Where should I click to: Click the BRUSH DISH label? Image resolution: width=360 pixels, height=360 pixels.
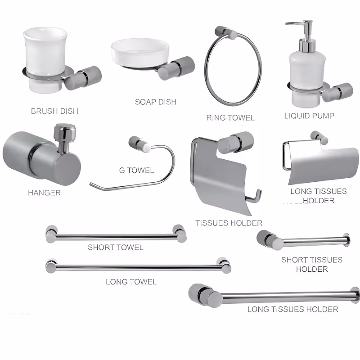coord(54,111)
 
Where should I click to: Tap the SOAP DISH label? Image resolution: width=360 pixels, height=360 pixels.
coord(156,102)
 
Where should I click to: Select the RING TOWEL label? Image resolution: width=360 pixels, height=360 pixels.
coord(230,118)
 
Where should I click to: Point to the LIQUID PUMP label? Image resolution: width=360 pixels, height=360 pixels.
coord(309,116)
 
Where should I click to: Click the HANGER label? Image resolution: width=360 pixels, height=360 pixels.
coord(44,193)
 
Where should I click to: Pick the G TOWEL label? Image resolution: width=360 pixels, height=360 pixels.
coord(137,171)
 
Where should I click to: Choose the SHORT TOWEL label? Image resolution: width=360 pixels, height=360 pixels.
coord(116,247)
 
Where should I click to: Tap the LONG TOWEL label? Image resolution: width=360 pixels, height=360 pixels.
coord(131,282)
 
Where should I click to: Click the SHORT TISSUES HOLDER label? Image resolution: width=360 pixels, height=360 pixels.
coord(312,265)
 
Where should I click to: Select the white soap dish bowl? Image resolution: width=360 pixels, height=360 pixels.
coord(140,52)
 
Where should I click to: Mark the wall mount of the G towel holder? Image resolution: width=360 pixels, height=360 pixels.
coord(139,144)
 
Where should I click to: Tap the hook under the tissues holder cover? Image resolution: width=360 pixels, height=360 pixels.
coord(254,197)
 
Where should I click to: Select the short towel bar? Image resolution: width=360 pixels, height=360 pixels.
coord(116,237)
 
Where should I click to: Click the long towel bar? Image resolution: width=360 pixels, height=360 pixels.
coord(139,267)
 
